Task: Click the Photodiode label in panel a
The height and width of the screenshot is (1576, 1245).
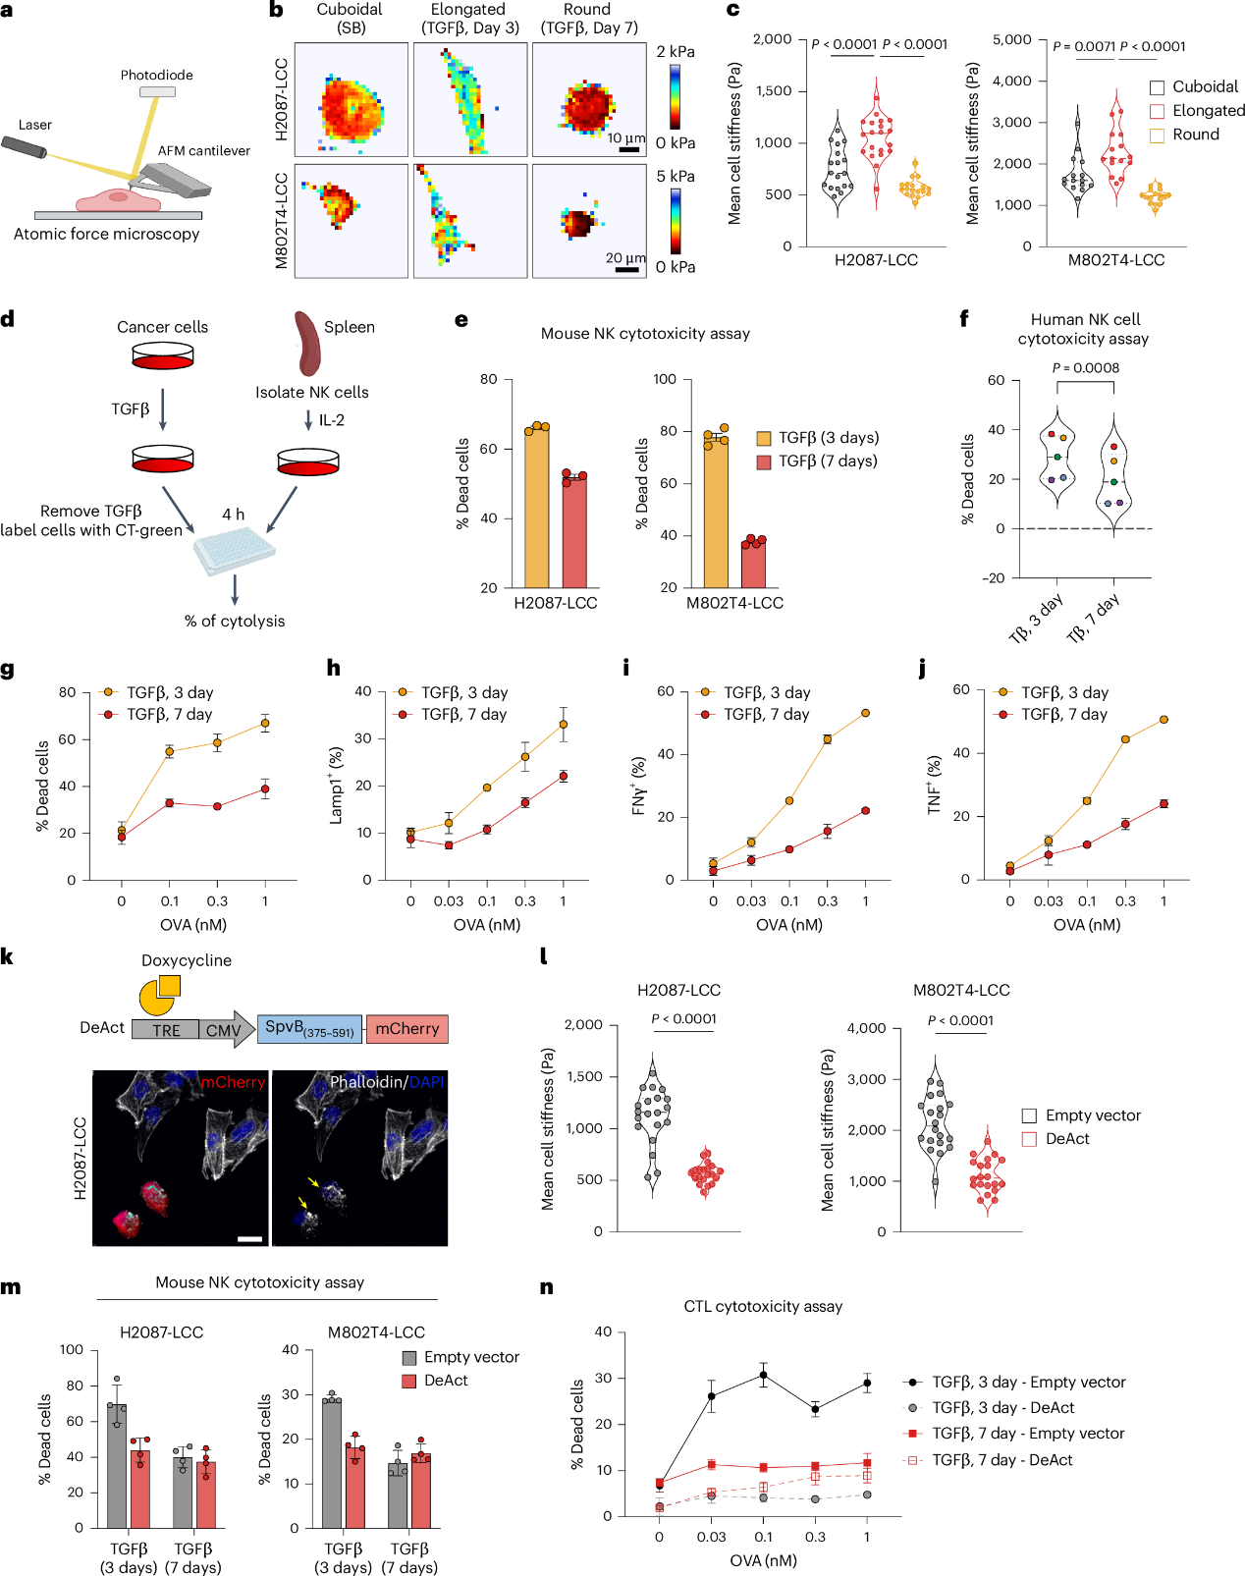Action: click(x=156, y=75)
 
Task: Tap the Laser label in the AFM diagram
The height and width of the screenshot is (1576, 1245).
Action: click(x=34, y=125)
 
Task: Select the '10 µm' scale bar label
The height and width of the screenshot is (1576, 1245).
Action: click(x=625, y=138)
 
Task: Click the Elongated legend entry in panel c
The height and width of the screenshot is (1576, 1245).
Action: click(x=1208, y=111)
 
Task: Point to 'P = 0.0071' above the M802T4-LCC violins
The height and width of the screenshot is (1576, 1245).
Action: click(x=1084, y=46)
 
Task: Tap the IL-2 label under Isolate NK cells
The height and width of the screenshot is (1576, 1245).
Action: click(x=332, y=420)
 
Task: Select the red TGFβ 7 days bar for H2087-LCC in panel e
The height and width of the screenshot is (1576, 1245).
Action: click(x=574, y=531)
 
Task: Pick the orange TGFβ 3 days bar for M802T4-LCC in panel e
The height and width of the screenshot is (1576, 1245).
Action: click(x=716, y=511)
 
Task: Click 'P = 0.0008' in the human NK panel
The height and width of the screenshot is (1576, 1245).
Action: click(x=1085, y=368)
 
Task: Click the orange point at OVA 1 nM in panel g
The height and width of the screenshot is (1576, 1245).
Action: click(x=265, y=724)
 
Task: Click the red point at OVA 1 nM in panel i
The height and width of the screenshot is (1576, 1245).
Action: click(x=866, y=811)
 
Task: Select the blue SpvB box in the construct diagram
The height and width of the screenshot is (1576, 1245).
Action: click(x=309, y=1029)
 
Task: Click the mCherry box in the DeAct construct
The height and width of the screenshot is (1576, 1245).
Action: click(x=406, y=1029)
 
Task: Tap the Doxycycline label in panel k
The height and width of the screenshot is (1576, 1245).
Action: click(x=187, y=960)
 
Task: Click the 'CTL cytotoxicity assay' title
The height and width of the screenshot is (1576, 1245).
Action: click(x=763, y=1306)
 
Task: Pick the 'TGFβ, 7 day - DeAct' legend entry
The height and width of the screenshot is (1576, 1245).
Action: click(x=1001, y=1460)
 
